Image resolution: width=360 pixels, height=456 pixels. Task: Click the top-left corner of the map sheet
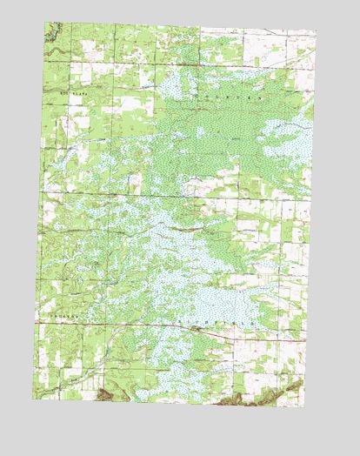[x=46, y=23]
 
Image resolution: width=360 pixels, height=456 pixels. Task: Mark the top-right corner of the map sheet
[x=317, y=31]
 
